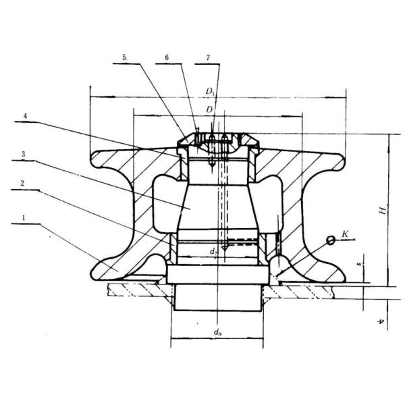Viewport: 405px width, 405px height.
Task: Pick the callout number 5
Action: pyautogui.click(x=126, y=58)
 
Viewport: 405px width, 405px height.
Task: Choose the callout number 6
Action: pyautogui.click(x=166, y=58)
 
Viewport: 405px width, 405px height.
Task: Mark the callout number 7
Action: pyautogui.click(x=208, y=58)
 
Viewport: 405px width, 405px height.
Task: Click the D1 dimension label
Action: pyautogui.click(x=211, y=89)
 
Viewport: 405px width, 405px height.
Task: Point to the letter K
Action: pyautogui.click(x=345, y=234)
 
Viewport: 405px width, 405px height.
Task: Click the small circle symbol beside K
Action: pyautogui.click(x=331, y=240)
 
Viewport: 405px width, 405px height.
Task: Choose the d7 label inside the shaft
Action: pyautogui.click(x=213, y=251)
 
